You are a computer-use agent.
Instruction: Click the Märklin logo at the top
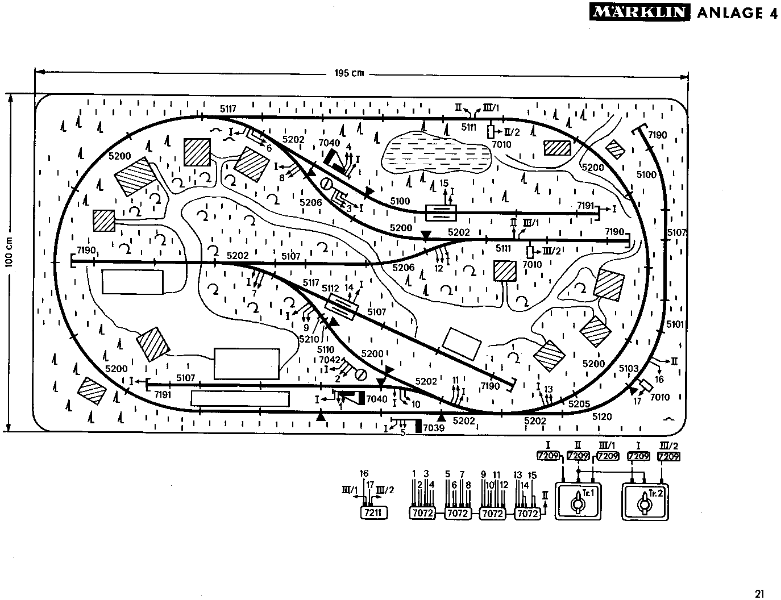pos(638,13)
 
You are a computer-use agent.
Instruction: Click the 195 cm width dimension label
pos(349,73)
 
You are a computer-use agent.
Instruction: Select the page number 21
pos(761,593)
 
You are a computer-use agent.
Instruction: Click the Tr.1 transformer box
pos(578,501)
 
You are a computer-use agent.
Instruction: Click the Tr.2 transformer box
pos(645,501)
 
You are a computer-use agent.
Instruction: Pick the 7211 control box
pos(372,513)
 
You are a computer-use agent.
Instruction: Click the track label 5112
pos(330,287)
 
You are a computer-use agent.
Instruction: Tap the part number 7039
pos(433,427)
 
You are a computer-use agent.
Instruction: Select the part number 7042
pos(329,360)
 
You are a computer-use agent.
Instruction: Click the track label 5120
pos(602,416)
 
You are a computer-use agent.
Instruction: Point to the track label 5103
pos(629,368)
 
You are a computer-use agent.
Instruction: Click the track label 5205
pos(580,404)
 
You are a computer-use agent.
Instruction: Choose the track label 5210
pos(309,339)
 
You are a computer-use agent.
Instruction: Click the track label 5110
pos(326,349)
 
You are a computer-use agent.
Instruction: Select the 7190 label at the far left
pos(86,251)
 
